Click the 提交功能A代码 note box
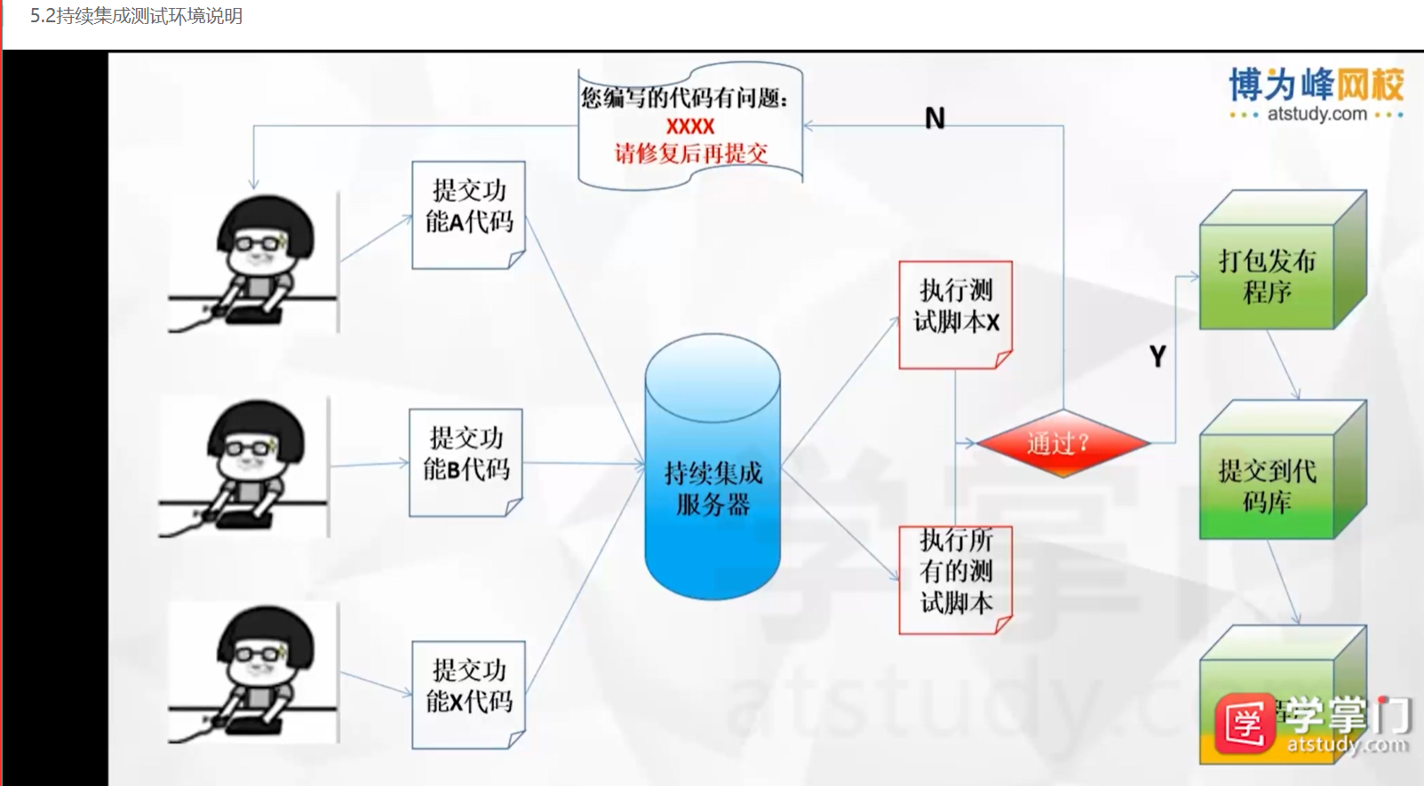pos(468,214)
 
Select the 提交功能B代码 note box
pos(465,462)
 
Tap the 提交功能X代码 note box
pos(468,694)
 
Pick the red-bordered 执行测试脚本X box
pos(955,314)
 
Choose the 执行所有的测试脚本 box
pos(955,578)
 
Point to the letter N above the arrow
pos(935,118)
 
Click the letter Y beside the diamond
pos(1157,357)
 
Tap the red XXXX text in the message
pos(690,126)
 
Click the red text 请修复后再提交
pos(690,153)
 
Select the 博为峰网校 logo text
pos(1316,84)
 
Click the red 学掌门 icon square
pos(1245,724)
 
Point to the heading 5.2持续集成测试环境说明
pos(136,16)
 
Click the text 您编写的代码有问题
pos(684,98)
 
